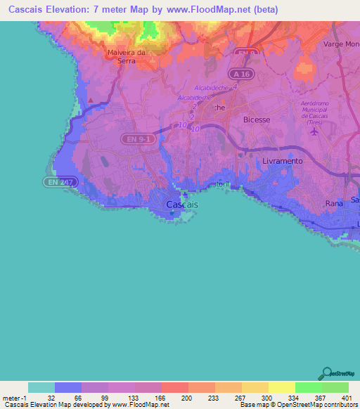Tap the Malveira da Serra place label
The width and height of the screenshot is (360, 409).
[x=126, y=56]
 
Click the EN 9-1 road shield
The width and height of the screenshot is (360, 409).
[x=134, y=139]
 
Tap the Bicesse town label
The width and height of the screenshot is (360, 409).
[x=256, y=119]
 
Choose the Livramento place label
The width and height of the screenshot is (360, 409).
[x=281, y=161]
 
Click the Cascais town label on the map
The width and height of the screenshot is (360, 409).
[x=182, y=204]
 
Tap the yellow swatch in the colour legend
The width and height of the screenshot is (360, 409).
[x=281, y=387]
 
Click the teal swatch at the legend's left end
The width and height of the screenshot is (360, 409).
[x=41, y=387]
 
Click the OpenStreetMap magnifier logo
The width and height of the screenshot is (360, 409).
[x=326, y=373]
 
